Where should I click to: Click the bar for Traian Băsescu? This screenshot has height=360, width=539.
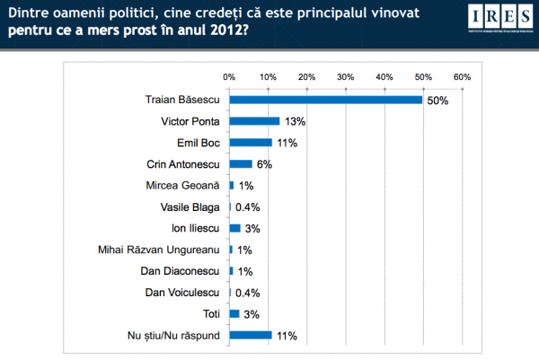[x=325, y=99]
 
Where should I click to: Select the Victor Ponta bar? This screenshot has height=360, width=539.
[x=254, y=120]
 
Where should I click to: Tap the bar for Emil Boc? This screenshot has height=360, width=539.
[x=251, y=142]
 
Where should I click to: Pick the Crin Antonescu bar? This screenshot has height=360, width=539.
[x=241, y=163]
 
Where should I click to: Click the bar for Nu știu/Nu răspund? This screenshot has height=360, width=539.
[x=251, y=336]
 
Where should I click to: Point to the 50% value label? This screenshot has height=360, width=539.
[x=437, y=99]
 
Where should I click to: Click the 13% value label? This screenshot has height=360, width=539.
[x=292, y=120]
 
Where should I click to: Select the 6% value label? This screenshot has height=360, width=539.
[x=263, y=163]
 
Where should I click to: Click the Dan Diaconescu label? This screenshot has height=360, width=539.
[x=182, y=271]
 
